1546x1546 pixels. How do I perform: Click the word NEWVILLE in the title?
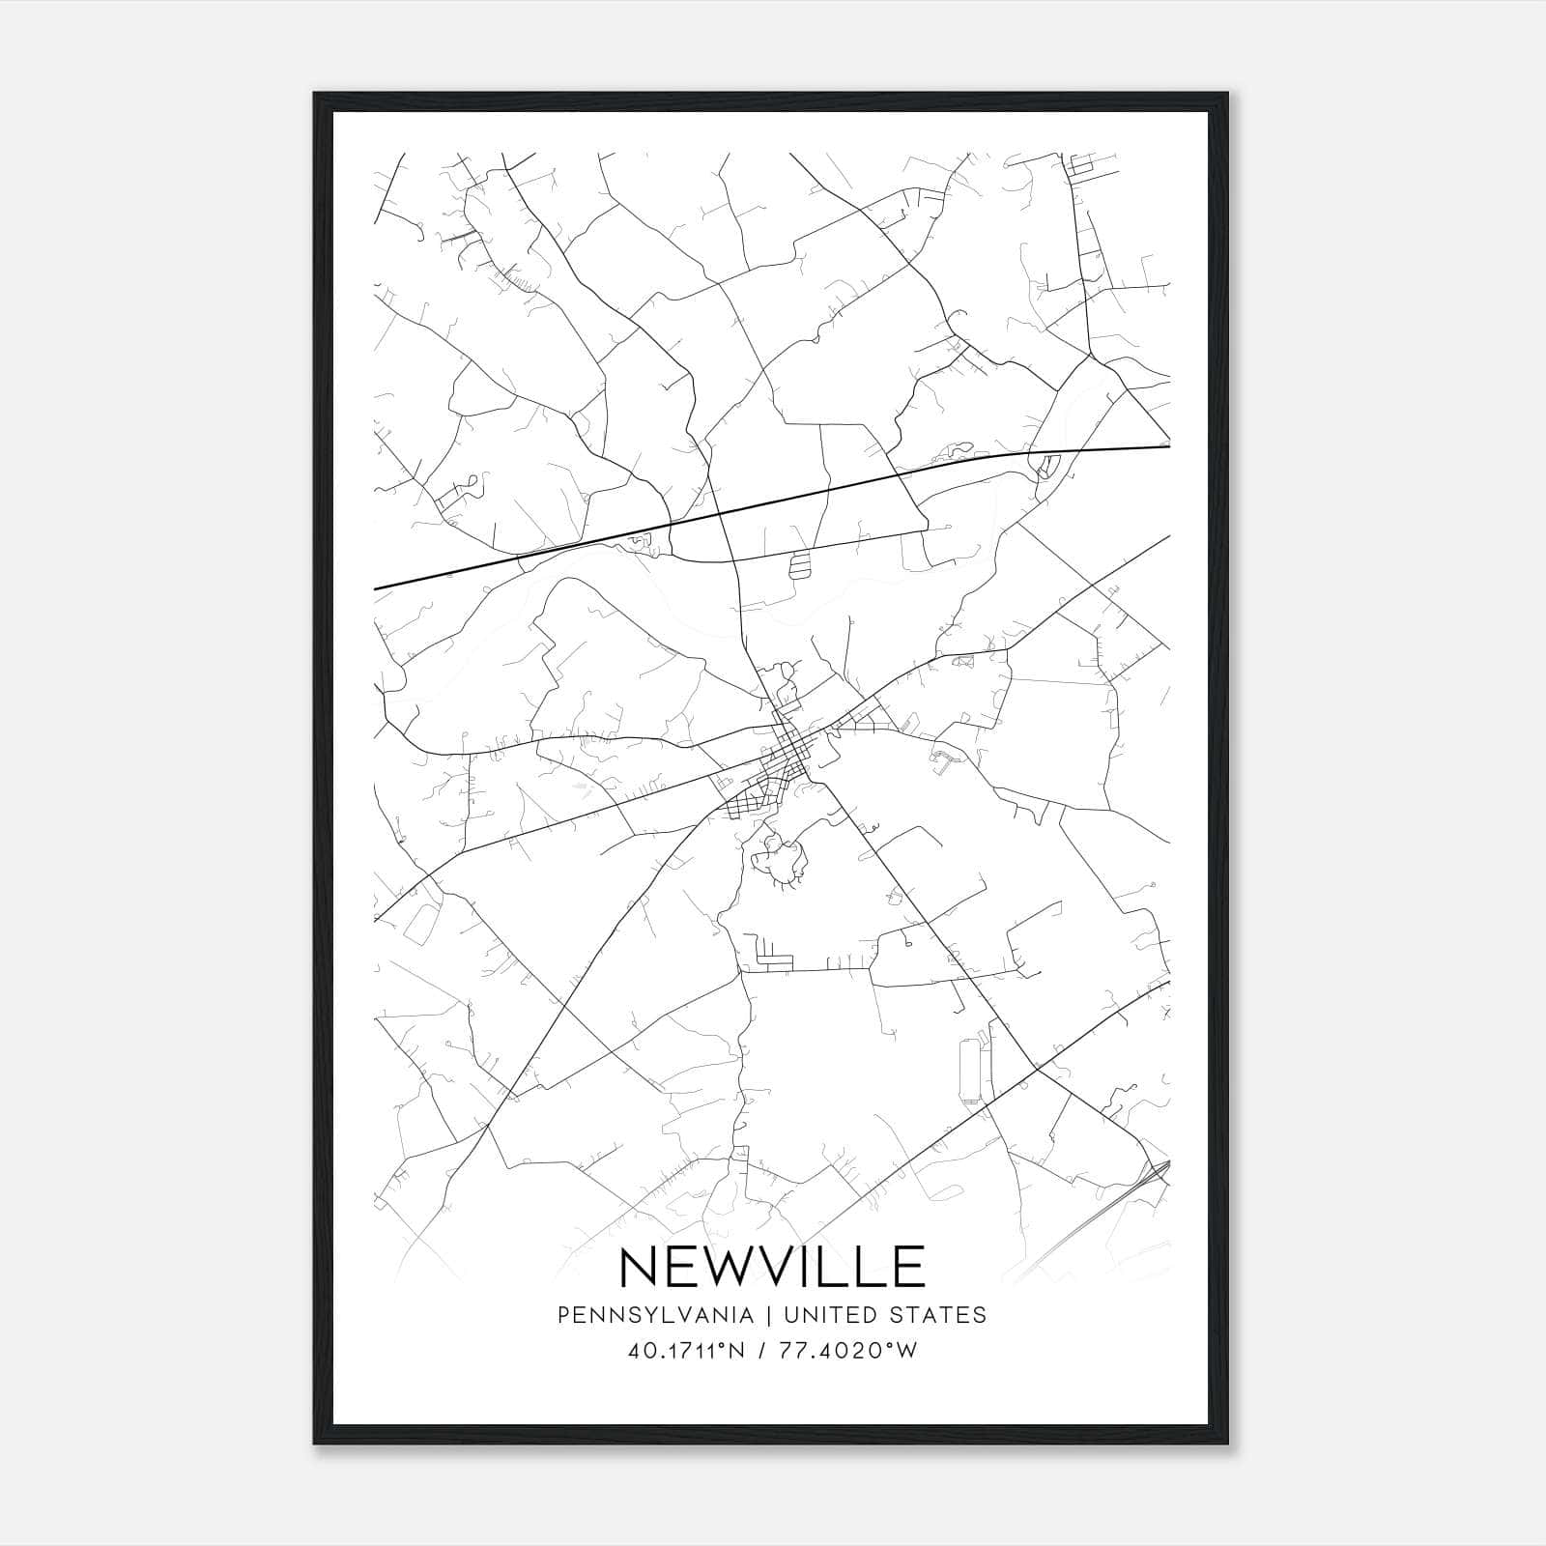(x=772, y=1266)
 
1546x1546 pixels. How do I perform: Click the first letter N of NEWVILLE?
(x=639, y=1266)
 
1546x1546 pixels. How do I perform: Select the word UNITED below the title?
(x=830, y=1315)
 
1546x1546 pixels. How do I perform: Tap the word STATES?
(x=937, y=1315)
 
